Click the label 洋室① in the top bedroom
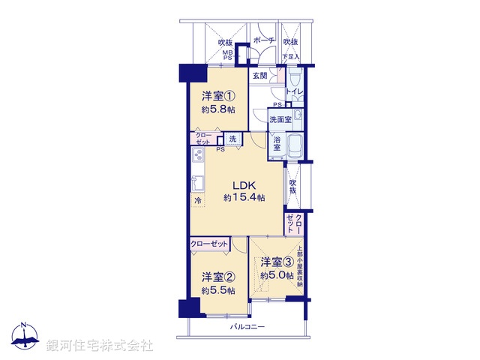point(217,97)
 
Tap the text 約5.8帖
point(217,109)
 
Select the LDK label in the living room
point(244,185)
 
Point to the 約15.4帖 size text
point(244,198)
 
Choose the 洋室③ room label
point(276,262)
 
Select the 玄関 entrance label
point(260,75)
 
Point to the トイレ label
point(294,92)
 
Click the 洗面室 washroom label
point(280,118)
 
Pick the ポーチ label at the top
point(262,40)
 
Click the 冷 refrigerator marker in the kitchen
point(198,201)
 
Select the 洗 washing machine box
point(232,139)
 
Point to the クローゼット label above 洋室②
point(209,244)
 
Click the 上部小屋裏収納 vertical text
point(300,267)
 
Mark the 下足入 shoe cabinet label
point(290,57)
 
